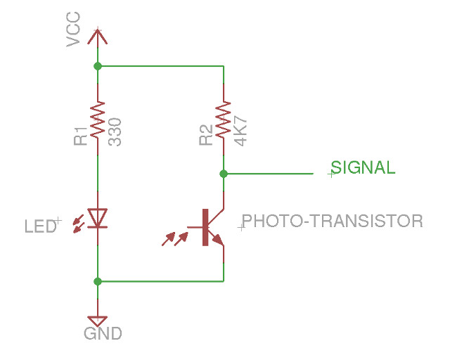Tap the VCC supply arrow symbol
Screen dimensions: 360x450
(x=97, y=35)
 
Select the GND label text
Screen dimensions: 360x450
(x=103, y=333)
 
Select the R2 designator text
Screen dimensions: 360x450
(x=205, y=136)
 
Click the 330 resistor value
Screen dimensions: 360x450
(x=115, y=131)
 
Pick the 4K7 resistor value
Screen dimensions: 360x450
(x=241, y=131)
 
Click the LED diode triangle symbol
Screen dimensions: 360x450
(x=97, y=219)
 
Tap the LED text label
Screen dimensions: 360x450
(x=39, y=226)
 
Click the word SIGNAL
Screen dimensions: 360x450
(x=363, y=167)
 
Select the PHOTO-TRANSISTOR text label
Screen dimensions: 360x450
(x=332, y=221)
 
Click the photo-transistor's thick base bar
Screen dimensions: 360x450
(x=205, y=226)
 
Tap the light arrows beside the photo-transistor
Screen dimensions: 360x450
(x=175, y=238)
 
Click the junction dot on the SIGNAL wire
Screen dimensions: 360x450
(x=223, y=172)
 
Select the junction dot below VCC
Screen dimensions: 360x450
(x=97, y=66)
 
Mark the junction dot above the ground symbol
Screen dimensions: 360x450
(x=97, y=281)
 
